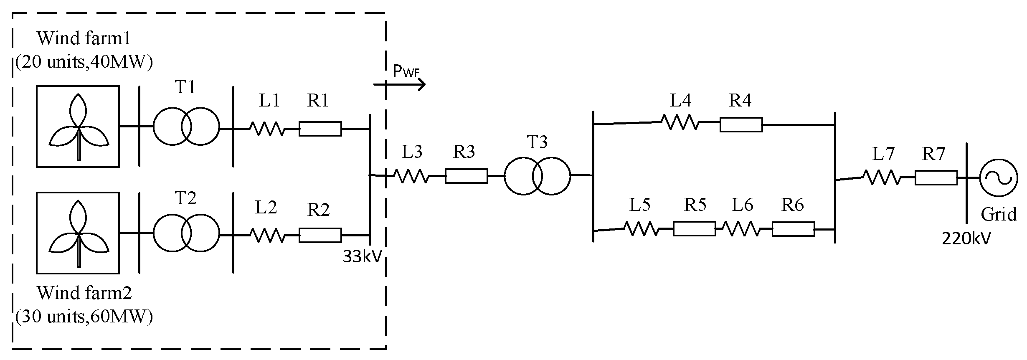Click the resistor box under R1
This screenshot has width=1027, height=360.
[x=320, y=129]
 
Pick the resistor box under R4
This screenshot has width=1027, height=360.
[x=741, y=124]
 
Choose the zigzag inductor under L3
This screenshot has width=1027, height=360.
[x=411, y=176]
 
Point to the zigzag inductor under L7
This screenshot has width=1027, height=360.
[x=882, y=177]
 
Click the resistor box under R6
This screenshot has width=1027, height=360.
[x=793, y=229]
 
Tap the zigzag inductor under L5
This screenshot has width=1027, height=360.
[x=642, y=228]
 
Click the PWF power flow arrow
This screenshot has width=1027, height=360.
[x=400, y=84]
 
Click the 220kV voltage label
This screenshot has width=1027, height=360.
[x=966, y=238]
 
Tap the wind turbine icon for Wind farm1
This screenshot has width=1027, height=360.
[x=78, y=127]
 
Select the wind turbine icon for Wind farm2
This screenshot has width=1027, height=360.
[x=78, y=233]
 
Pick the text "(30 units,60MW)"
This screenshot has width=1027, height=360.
[x=84, y=317]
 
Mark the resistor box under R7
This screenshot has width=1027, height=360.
[x=936, y=177]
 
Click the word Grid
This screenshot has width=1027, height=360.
[x=999, y=214]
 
